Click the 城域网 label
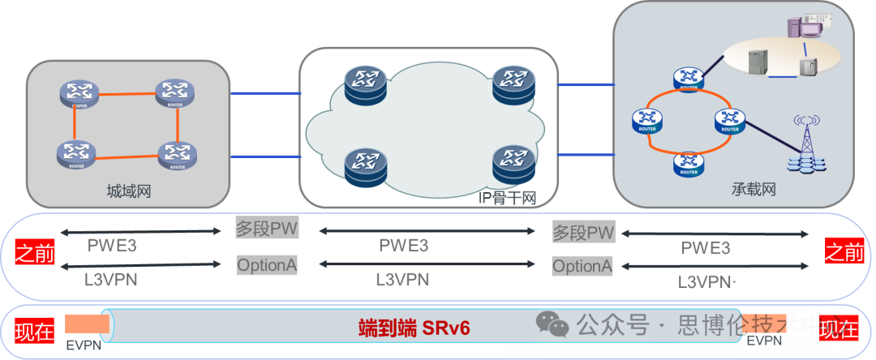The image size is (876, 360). (x=129, y=191)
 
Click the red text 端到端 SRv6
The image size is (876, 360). (x=414, y=328)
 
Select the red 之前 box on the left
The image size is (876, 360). (x=34, y=253)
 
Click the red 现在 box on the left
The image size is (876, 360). (x=34, y=329)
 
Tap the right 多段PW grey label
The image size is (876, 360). (x=582, y=232)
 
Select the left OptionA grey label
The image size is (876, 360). (x=267, y=264)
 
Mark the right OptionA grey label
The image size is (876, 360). (x=582, y=266)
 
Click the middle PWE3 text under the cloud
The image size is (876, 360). (x=404, y=244)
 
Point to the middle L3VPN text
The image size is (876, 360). (x=402, y=280)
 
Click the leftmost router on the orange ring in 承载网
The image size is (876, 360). (x=647, y=122)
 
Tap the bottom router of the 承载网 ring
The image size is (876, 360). (x=689, y=164)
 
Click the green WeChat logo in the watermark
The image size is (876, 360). (x=553, y=326)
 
